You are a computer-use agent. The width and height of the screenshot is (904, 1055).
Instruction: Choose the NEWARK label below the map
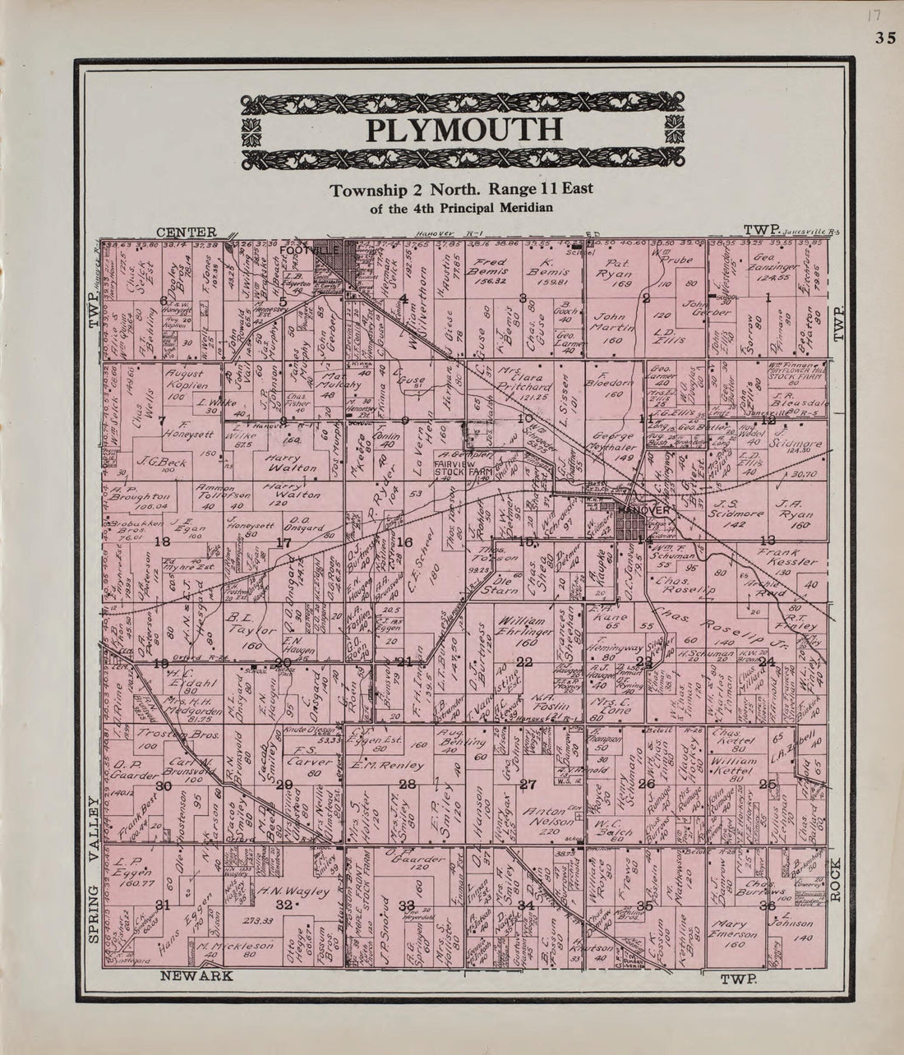[197, 976]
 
